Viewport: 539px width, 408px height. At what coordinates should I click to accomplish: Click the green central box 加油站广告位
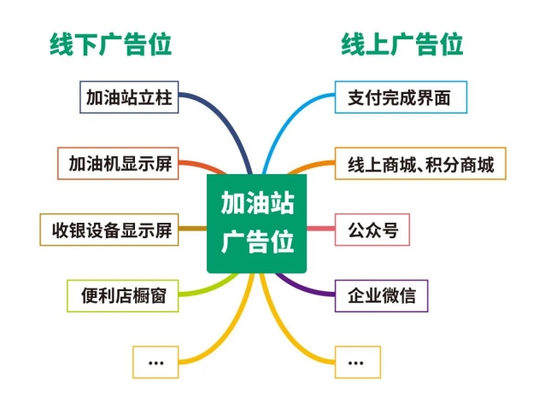pos(256,224)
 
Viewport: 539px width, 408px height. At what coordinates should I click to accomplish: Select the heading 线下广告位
pos(110,44)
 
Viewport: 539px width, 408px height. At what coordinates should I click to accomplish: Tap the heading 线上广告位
pos(401,44)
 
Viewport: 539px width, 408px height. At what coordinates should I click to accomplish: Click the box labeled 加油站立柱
pos(129,97)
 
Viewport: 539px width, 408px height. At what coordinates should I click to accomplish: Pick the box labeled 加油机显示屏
pos(118,164)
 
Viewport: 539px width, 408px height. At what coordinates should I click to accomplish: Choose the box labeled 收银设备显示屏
pos(109,230)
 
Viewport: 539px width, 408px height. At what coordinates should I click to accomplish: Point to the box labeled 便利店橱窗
pos(123,296)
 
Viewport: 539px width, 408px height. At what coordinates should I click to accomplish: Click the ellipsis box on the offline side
pos(155,362)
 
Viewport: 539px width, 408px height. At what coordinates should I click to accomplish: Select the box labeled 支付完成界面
pos(401,97)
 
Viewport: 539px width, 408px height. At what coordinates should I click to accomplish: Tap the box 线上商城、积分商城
pos(420,164)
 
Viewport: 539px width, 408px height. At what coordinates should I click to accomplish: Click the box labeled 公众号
pos(372,230)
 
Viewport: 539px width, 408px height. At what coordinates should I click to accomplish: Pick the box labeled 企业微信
pos(381,296)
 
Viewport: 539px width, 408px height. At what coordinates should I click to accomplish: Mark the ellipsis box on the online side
pos(358,362)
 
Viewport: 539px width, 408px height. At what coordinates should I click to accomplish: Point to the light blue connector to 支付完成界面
pos(283,120)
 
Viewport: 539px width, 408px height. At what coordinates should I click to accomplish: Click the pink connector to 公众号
pos(320,229)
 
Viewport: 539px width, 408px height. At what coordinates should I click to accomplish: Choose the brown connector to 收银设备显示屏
pos(192,229)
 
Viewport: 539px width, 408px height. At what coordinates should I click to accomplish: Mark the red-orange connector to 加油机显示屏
pos(203,165)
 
